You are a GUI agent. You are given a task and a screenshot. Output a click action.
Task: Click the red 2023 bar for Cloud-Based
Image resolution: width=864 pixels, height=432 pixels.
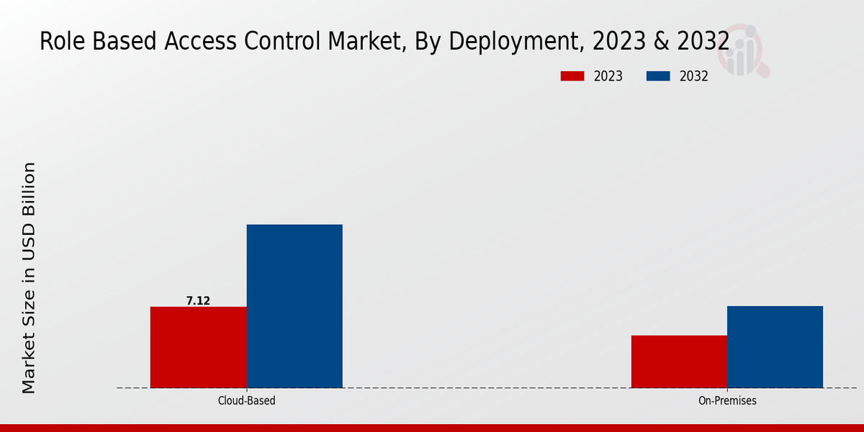point(198,347)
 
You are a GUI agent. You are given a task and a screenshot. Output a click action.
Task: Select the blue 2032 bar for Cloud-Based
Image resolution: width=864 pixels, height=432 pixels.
point(294,306)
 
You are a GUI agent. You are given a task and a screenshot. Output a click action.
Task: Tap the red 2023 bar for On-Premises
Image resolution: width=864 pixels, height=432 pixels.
point(679,361)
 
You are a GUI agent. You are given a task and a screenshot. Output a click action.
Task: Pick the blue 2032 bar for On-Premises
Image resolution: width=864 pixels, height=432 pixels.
point(775,346)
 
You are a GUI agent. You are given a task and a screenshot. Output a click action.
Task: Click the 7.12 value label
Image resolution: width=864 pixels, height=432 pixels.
point(198,301)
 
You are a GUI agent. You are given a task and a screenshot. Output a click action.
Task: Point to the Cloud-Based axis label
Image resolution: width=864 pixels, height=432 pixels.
point(246,400)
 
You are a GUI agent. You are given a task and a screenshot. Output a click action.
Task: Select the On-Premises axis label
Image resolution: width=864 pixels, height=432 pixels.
point(727,400)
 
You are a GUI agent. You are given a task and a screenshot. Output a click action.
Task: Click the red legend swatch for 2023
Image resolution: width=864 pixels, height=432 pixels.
point(572,76)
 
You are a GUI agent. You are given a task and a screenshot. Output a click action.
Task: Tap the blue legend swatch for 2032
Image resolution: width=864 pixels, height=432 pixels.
point(658,76)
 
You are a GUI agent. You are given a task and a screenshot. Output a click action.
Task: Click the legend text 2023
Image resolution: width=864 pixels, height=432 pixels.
point(608,76)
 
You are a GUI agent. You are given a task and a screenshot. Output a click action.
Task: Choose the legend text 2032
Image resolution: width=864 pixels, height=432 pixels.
point(694,76)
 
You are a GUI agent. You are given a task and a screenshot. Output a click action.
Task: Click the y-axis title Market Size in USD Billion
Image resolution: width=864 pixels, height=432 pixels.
point(28,278)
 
